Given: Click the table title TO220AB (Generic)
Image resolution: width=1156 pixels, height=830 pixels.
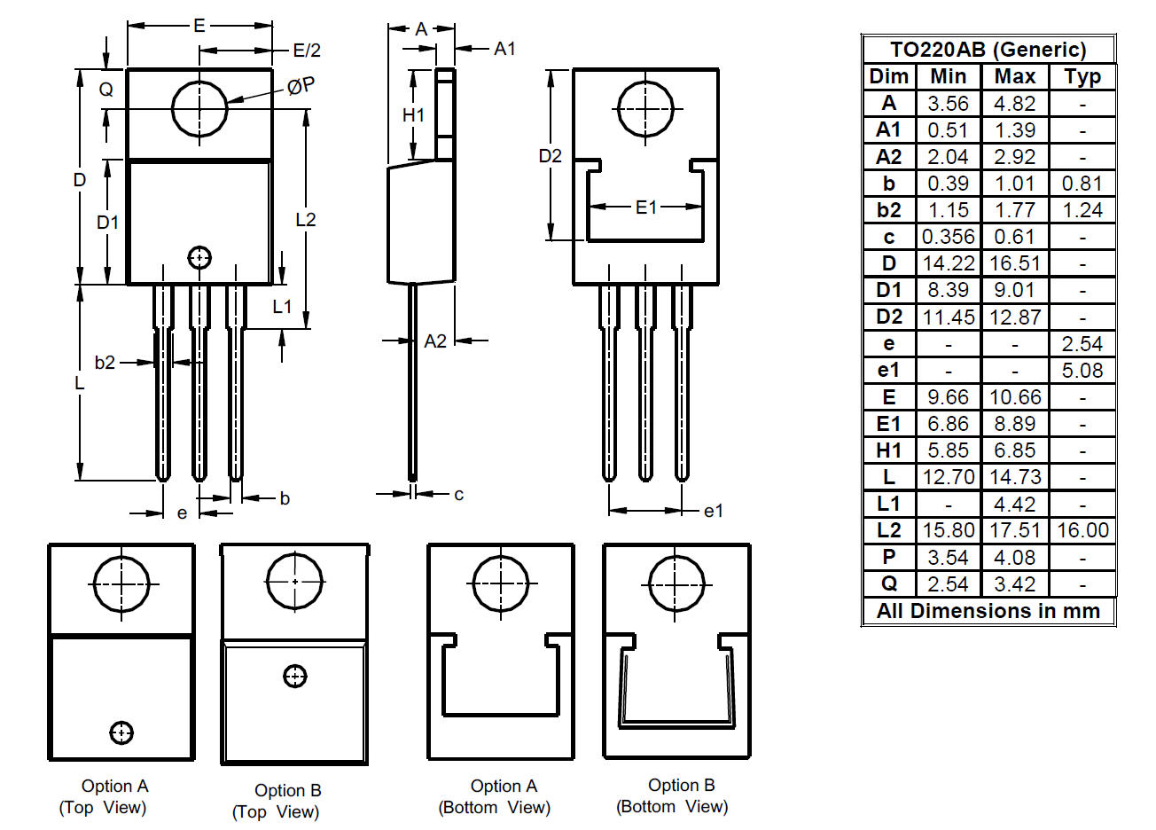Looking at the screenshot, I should [x=988, y=50].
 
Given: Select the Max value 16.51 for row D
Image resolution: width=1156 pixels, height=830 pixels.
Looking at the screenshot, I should [x=1014, y=263].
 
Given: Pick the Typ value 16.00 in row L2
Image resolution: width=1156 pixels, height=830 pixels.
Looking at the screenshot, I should [x=1082, y=530].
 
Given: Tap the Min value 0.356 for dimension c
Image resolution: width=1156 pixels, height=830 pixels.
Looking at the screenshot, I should [x=948, y=237].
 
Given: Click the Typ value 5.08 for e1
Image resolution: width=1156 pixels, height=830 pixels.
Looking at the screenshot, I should [x=1082, y=371].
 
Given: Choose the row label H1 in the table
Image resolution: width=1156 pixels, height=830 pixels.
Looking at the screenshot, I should [x=888, y=450].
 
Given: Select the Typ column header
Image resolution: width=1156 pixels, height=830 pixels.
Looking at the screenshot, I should [x=1082, y=76].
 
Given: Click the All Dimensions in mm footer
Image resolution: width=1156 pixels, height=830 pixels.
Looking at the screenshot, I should [x=988, y=611].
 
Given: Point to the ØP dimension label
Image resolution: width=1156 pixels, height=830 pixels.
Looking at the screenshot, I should [x=301, y=86].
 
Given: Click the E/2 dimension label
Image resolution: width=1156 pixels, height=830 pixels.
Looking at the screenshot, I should [x=306, y=51].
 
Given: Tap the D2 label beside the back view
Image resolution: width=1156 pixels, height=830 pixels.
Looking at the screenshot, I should [x=551, y=156].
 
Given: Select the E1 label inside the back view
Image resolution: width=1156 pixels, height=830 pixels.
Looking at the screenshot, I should [x=646, y=207].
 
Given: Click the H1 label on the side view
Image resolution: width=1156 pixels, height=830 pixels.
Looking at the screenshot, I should [x=413, y=115].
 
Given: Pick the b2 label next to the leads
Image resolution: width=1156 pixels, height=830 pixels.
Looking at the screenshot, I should [x=105, y=362].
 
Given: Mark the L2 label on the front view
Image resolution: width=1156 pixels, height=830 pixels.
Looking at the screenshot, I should [x=305, y=219].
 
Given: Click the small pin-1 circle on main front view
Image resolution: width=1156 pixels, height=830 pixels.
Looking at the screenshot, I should [x=199, y=257].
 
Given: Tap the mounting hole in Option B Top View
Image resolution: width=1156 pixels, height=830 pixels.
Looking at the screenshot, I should [x=294, y=582].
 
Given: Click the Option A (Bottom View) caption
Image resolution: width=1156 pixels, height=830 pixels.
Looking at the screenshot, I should [x=495, y=796].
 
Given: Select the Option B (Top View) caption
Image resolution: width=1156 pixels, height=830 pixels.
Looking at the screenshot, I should [x=277, y=801].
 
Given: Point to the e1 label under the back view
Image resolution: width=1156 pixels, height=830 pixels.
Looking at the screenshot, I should [x=713, y=511].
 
